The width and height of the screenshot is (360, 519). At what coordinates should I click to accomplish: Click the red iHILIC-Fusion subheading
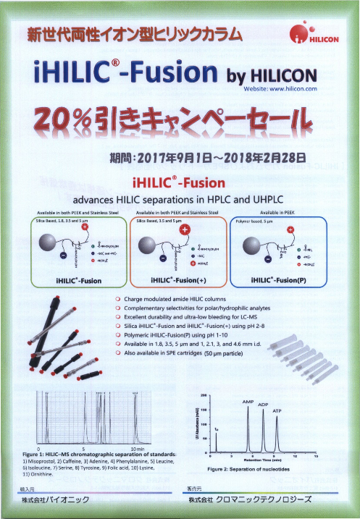coord(178,182)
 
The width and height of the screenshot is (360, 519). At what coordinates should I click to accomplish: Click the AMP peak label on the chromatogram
coord(248,400)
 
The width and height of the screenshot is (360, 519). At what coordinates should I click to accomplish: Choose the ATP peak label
coord(277,410)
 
